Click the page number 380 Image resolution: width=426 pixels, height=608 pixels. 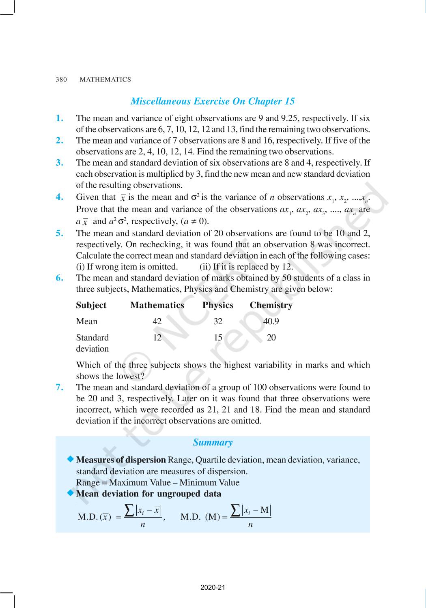61,79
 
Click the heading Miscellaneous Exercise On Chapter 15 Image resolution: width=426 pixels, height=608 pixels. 213,101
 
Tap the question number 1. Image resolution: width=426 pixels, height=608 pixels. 60,118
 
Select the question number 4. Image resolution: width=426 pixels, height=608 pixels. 60,197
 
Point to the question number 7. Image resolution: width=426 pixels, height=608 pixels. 60,387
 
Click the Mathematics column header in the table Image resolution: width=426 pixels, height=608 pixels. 157,305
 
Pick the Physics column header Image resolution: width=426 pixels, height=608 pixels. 218,305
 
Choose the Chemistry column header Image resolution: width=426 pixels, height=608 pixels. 271,305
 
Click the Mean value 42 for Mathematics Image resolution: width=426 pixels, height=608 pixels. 157,321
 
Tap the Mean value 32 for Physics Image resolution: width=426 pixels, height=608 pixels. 218,321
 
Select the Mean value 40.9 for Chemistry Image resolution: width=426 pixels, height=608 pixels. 271,321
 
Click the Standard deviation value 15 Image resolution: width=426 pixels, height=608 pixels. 218,338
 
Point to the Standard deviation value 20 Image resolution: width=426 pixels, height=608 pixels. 271,338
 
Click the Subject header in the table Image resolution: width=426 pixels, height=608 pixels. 91,305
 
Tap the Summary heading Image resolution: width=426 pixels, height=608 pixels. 213,442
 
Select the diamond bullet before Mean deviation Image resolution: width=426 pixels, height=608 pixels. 71,493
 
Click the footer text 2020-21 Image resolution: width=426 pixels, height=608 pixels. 213,587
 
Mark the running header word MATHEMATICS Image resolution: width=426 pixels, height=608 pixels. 105,79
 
